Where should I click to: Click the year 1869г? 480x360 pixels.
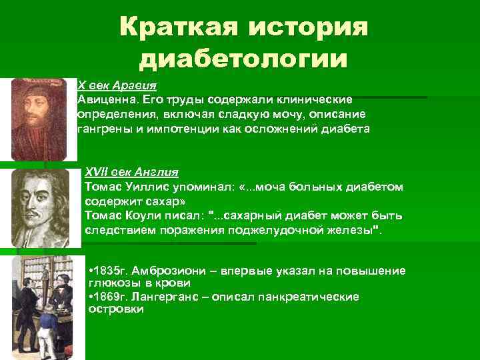tap(109, 297)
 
